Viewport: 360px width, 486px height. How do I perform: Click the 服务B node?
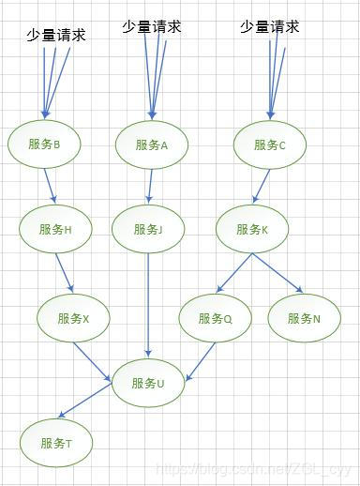45,144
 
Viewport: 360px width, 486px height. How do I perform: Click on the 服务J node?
148,229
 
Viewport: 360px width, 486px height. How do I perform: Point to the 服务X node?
73,318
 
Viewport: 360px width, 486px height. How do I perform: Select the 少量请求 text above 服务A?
151,27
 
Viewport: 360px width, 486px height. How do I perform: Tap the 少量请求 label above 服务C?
270,27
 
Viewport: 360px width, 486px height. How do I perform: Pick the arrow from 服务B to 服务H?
50,185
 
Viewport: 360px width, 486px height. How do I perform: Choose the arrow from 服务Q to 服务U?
202,359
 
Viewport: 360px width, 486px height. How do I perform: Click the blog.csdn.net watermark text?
253,467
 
